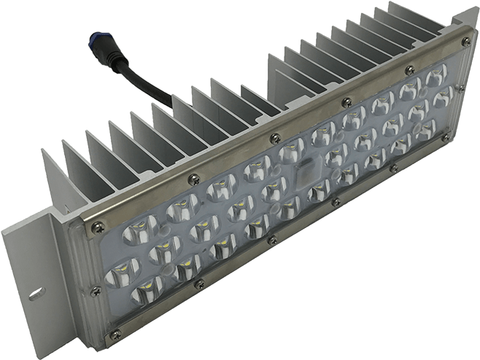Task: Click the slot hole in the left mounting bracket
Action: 33,294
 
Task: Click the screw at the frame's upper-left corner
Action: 93,227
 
